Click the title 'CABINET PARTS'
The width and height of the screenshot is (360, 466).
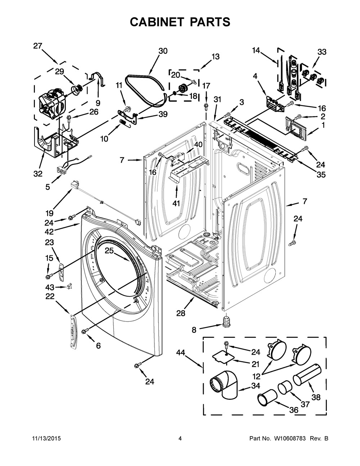tap(180, 22)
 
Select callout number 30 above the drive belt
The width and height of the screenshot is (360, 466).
tap(163, 51)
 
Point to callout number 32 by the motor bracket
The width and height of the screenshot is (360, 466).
tap(38, 174)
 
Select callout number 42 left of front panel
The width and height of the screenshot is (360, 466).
tap(49, 231)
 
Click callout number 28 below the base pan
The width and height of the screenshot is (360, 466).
tap(181, 313)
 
